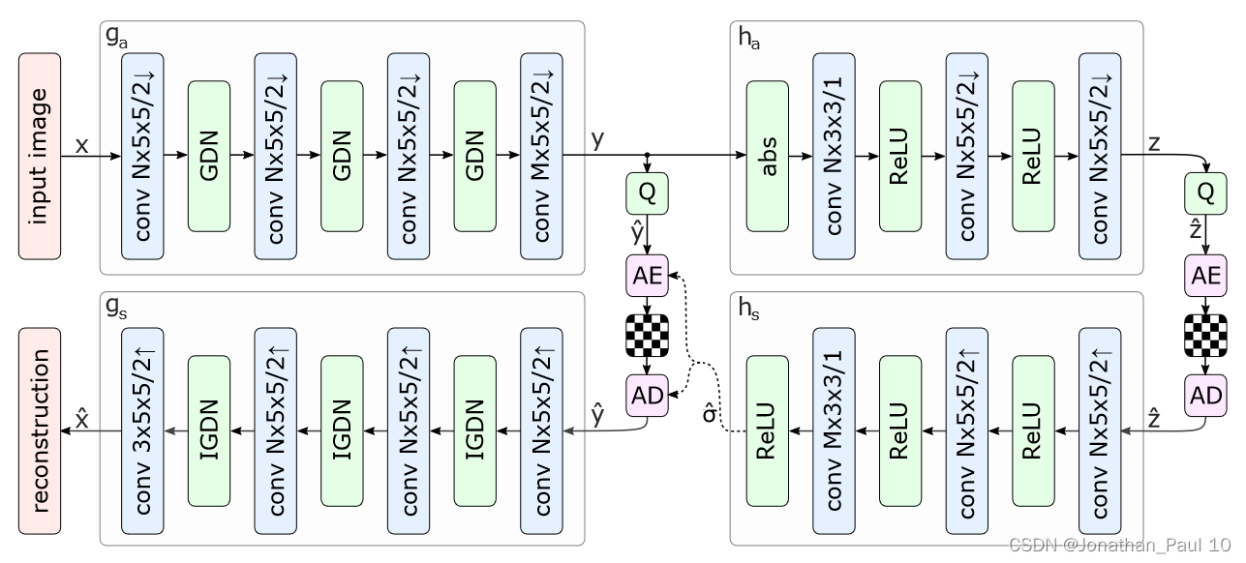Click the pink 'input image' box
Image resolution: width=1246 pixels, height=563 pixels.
click(x=40, y=156)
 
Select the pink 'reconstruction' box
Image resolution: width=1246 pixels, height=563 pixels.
click(x=40, y=430)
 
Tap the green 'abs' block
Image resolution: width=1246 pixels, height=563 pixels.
click(x=767, y=156)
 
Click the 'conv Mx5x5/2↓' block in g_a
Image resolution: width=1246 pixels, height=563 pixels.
click(x=540, y=156)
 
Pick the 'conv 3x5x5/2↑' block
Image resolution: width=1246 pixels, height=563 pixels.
click(x=142, y=430)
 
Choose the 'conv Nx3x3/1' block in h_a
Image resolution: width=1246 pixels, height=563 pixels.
click(x=834, y=156)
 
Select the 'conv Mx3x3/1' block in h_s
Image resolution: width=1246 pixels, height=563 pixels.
click(x=834, y=430)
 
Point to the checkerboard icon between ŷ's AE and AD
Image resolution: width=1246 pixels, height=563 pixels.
click(x=647, y=334)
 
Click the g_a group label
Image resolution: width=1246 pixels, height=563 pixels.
click(x=114, y=36)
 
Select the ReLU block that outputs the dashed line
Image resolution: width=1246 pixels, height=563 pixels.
click(x=767, y=430)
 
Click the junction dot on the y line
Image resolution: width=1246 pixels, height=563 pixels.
click(x=647, y=156)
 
